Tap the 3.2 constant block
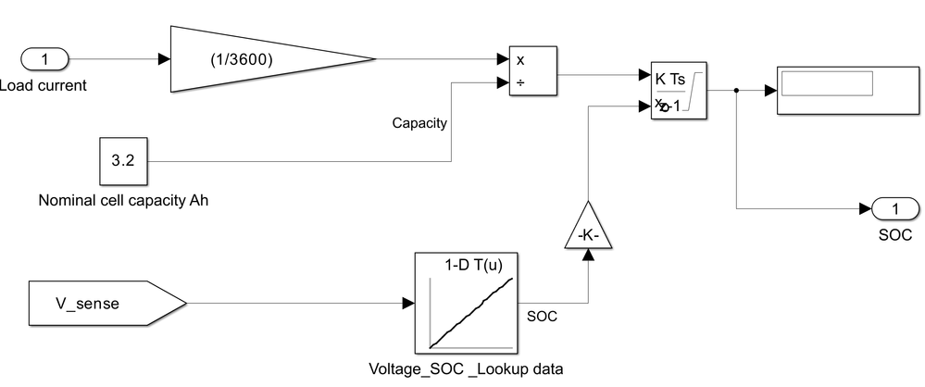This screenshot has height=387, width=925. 123,161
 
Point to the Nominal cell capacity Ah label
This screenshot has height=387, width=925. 123,200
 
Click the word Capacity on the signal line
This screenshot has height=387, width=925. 419,122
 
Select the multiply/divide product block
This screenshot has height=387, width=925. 532,71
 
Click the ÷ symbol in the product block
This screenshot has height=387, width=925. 520,83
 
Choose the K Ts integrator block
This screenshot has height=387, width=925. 680,92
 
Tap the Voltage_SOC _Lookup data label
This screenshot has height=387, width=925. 466,368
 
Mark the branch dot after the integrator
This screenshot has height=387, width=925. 736,91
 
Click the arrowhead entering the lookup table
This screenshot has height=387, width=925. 409,303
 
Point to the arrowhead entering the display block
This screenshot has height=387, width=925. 770,91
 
